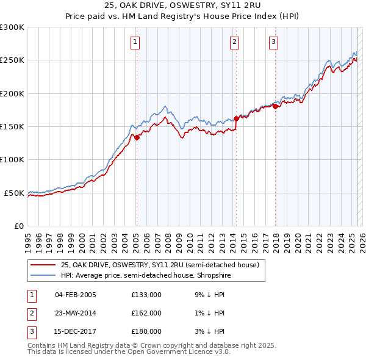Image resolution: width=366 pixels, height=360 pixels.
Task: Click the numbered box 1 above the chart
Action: coord(134,42)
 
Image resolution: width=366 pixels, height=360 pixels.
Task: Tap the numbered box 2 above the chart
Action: coord(235,42)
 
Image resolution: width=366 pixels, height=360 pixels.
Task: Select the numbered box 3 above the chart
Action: coord(274,42)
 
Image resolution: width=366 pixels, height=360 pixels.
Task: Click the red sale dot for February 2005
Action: coord(137,137)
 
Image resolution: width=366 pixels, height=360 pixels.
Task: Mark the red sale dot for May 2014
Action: coord(237,118)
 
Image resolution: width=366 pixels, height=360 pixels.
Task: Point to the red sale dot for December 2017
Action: coord(275,106)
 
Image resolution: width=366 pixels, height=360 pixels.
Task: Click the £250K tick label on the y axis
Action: coord(12,60)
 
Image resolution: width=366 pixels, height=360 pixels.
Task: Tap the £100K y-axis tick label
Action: coord(12,159)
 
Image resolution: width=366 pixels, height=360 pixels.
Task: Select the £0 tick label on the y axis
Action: coord(18,226)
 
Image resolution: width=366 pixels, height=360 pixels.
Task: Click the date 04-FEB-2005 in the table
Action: coord(76,295)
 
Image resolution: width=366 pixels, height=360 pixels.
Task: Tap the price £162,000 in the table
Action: coord(146,313)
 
